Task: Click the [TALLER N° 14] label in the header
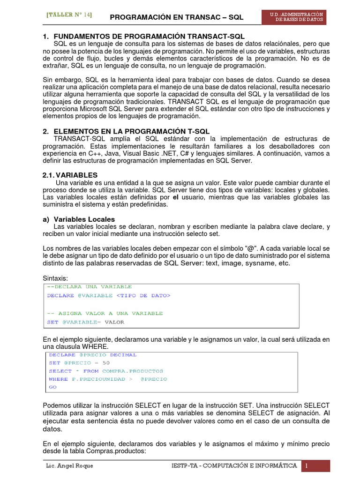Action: click(x=69, y=15)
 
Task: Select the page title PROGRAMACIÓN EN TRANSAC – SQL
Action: click(x=177, y=17)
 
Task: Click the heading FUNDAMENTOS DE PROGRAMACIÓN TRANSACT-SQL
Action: click(x=149, y=36)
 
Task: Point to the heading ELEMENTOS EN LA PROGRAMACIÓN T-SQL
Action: click(x=132, y=131)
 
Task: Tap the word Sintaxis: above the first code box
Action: click(x=55, y=278)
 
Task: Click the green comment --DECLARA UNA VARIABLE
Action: click(x=90, y=286)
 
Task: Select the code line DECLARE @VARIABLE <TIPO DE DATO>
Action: click(x=109, y=295)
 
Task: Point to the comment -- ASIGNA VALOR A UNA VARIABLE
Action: click(x=105, y=313)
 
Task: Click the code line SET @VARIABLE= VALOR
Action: click(x=86, y=322)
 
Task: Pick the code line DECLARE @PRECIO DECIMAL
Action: click(x=93, y=355)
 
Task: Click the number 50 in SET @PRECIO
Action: click(x=105, y=363)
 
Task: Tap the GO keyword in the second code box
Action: click(x=52, y=387)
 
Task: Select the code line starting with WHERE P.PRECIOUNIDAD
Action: click(x=108, y=379)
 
